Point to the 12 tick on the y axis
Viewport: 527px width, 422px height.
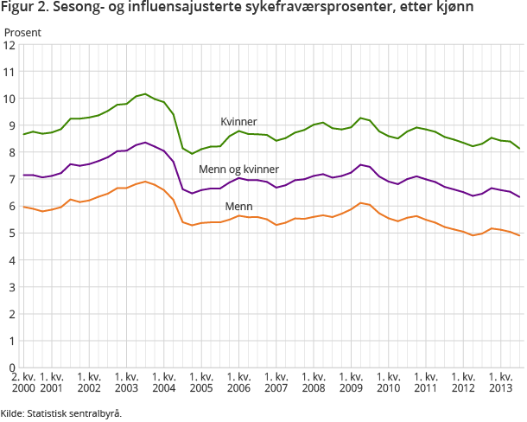tap(11, 45)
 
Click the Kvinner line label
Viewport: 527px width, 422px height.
tap(238, 122)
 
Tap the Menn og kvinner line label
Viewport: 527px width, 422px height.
tap(238, 169)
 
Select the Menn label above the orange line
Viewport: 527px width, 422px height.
tap(238, 207)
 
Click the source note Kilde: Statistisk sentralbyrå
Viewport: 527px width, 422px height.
tap(61, 412)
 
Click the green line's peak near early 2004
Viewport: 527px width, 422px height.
tap(145, 93)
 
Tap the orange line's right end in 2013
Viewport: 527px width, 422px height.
tap(519, 235)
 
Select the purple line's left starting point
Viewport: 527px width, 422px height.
tap(23, 175)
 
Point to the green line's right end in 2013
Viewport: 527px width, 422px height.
tap(519, 149)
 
